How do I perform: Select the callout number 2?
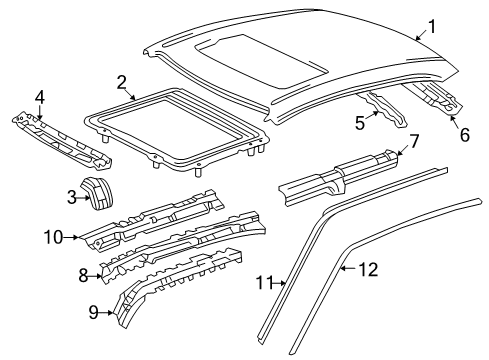pos(121,82)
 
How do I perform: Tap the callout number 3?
pos(72,198)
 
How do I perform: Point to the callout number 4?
pos(39,98)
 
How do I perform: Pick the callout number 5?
pos(360,125)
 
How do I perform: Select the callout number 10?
pos(54,237)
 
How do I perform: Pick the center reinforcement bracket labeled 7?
pos(340,180)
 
